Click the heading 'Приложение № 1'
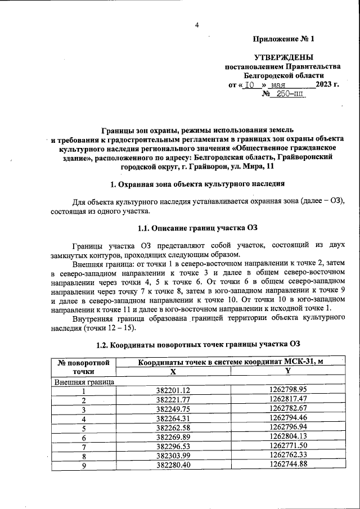[283, 39]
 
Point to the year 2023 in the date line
[327, 84]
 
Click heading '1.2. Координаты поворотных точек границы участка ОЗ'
[197, 344]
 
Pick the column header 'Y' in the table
[287, 371]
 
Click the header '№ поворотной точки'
[83, 367]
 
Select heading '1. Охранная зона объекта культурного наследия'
[197, 184]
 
